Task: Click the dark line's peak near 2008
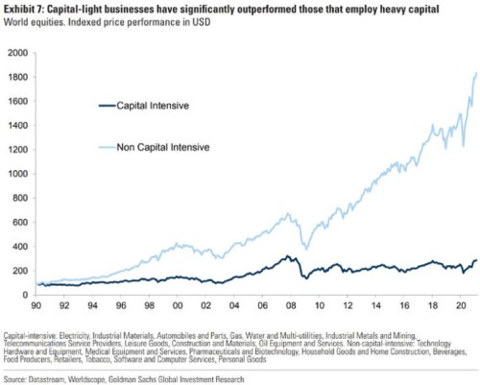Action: click(286, 256)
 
